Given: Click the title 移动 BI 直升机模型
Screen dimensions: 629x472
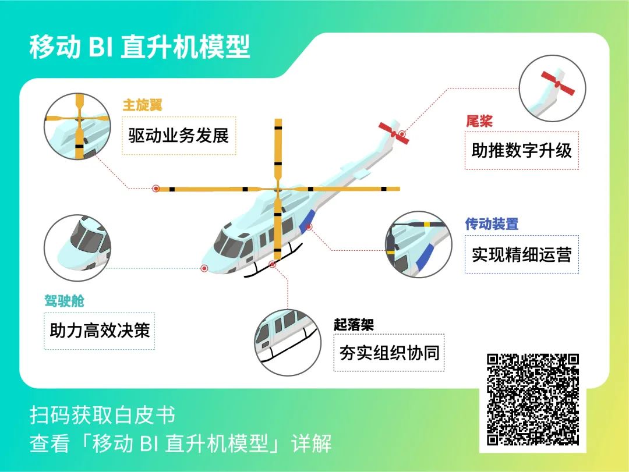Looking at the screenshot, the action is pyautogui.click(x=140, y=47).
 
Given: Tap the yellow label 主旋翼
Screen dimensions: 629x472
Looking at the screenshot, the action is pyautogui.click(x=143, y=105).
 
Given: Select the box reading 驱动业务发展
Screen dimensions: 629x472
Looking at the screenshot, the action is pyautogui.click(x=179, y=136).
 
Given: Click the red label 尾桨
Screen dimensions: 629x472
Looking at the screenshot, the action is pyautogui.click(x=479, y=120).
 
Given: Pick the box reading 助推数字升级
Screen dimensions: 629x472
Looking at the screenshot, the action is pyautogui.click(x=521, y=150).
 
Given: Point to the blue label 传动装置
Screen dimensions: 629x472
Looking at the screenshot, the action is pyautogui.click(x=492, y=223).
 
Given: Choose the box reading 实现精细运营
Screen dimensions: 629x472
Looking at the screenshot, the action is pyautogui.click(x=521, y=254).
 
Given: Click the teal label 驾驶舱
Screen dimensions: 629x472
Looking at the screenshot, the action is pyautogui.click(x=64, y=301).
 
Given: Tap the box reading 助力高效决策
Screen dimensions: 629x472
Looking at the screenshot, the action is pyautogui.click(x=99, y=331).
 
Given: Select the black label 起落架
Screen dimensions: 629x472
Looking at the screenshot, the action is pyautogui.click(x=354, y=324).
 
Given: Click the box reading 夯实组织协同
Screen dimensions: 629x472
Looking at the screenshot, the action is pyautogui.click(x=389, y=353).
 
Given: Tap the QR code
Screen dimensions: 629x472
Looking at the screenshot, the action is pyautogui.click(x=533, y=399).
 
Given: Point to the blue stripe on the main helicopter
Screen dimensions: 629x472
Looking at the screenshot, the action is pyautogui.click(x=307, y=222).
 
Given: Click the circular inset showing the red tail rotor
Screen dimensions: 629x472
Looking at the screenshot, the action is pyautogui.click(x=552, y=88).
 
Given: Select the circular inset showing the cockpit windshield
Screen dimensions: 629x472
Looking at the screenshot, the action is pyautogui.click(x=77, y=248).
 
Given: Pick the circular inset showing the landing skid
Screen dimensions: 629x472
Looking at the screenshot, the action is pyautogui.click(x=288, y=342).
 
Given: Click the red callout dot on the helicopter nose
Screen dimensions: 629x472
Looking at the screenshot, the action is pyautogui.click(x=204, y=268).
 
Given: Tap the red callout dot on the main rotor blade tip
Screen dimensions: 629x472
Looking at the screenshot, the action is pyautogui.click(x=156, y=189).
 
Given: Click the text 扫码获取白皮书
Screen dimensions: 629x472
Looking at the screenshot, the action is pyautogui.click(x=103, y=414).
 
